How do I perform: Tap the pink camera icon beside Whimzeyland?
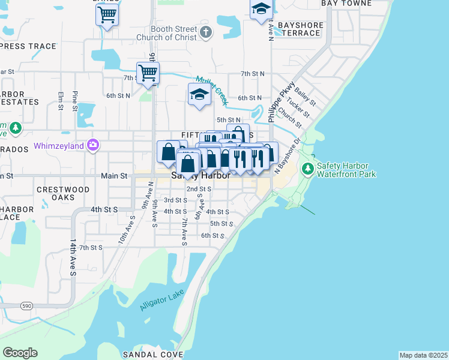point(92,145)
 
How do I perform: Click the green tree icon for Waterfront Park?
point(308,169)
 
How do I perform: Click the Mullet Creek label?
point(212,86)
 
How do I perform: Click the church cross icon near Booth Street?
point(206,32)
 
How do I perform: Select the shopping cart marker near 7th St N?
point(148,74)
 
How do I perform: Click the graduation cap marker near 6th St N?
point(199,94)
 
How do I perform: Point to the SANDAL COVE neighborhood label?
point(152,355)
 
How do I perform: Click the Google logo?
point(20,353)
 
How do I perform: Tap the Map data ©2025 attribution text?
point(424,355)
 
